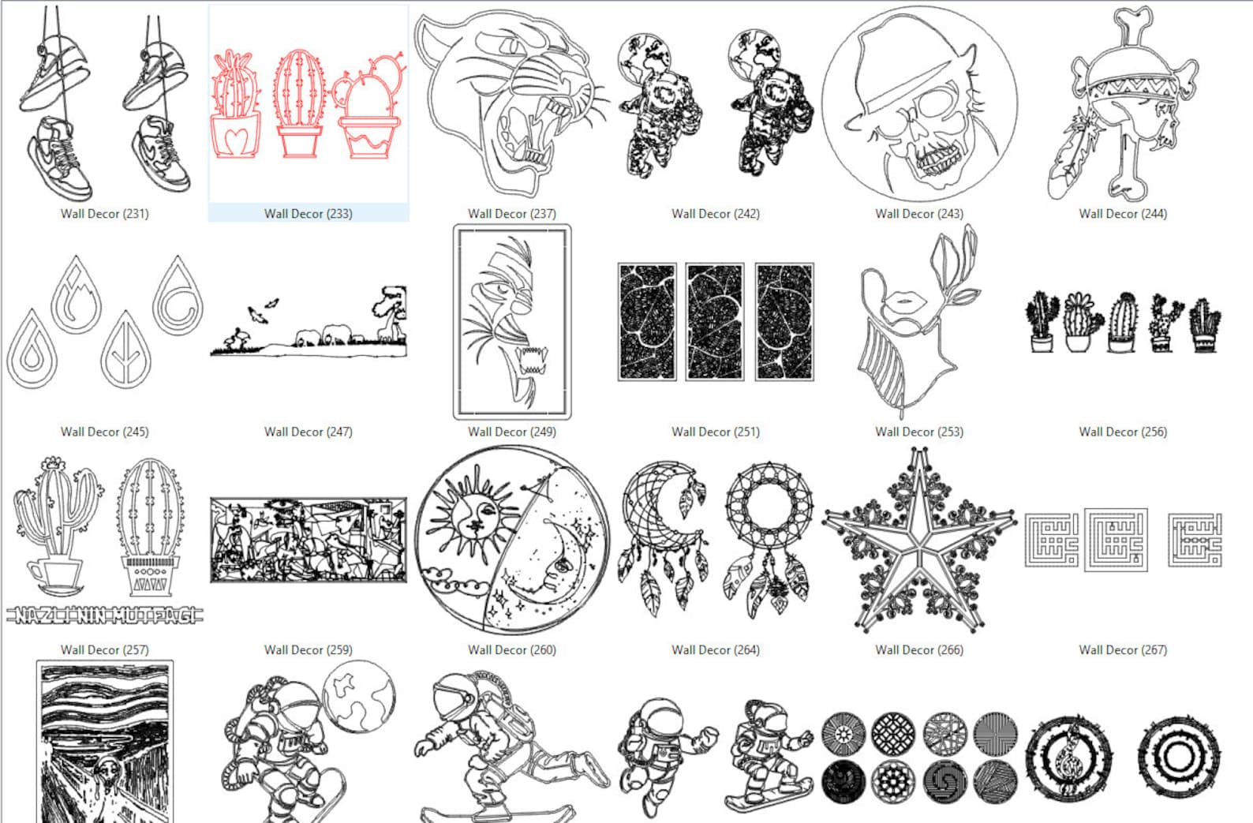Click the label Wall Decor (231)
[104, 214]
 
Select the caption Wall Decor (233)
[308, 214]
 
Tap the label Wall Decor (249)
[511, 432]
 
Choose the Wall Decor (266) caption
[918, 650]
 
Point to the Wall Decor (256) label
[1122, 432]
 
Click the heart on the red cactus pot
[235, 140]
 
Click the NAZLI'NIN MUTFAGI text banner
[104, 615]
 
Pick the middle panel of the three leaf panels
[715, 322]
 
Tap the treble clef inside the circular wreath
[1068, 755]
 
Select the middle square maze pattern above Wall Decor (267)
[1116, 541]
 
